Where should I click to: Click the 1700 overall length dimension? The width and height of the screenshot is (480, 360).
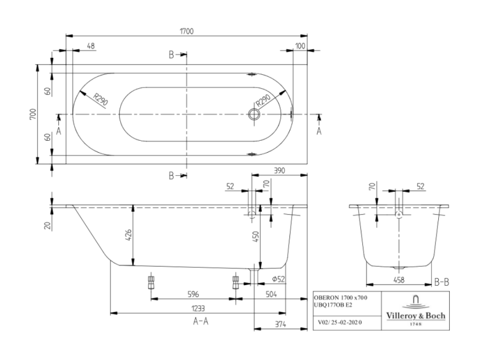187,31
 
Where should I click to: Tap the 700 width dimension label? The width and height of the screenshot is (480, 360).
33,114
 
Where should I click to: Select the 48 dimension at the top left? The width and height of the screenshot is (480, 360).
91,46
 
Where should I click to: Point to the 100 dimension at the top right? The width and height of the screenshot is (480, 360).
300,46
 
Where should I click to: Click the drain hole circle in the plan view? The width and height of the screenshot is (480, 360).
254,114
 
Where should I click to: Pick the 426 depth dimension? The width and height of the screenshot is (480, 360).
129,235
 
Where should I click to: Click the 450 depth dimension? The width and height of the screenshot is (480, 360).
256,236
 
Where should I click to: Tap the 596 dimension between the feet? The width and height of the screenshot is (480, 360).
193,294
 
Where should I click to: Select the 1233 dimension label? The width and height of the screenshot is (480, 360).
198,308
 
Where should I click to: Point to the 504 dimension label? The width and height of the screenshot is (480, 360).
271,294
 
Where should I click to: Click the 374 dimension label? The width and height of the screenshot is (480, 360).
280,324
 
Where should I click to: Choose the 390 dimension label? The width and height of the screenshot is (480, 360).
279,171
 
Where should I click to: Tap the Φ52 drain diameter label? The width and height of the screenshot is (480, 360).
278,279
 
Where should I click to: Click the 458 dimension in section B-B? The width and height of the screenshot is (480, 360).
399,280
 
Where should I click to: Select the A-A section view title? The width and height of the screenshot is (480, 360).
201,321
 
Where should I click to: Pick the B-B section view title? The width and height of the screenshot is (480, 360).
442,282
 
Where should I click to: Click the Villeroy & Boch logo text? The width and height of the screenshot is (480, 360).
415,315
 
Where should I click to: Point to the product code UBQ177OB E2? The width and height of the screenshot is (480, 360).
333,305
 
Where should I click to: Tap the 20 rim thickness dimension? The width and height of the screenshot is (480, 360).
47,226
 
